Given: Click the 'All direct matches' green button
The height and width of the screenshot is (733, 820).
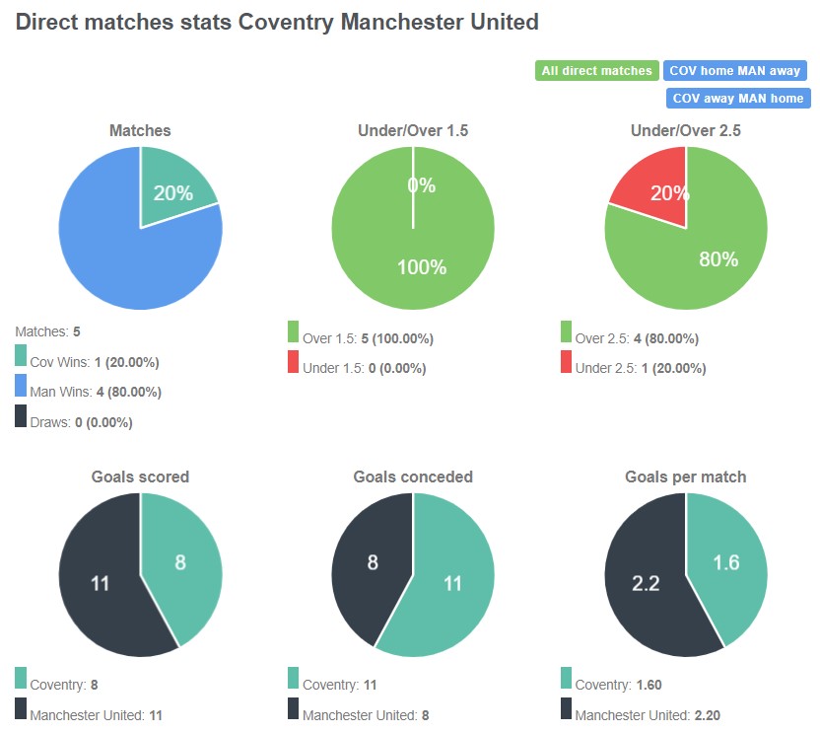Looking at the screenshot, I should tap(597, 71).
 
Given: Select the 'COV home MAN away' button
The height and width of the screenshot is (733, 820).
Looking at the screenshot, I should tap(735, 71).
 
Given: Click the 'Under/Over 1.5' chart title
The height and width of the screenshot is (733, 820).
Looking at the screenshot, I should tap(413, 130).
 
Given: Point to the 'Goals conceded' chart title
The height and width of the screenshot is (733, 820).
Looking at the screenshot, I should tap(413, 476).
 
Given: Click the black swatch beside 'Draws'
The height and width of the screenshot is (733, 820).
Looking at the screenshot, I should tap(22, 416).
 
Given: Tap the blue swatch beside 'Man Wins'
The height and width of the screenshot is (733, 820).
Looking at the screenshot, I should tap(22, 386).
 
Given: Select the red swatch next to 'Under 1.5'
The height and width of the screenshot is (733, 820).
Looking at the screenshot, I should tap(294, 362).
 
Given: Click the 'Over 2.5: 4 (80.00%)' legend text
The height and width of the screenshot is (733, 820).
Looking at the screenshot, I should tap(637, 338).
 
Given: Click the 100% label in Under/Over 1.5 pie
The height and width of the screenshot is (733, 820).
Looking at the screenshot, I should tap(422, 267).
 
